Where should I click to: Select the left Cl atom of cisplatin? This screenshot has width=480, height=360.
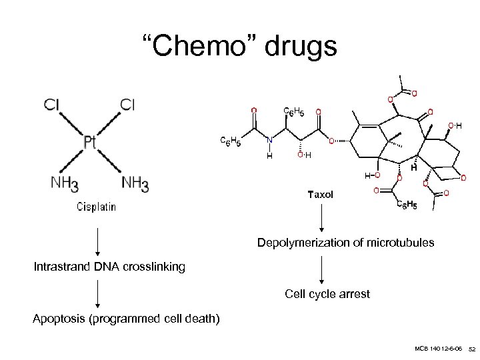(x=52, y=104)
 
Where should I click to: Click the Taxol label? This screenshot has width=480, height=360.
(x=319, y=195)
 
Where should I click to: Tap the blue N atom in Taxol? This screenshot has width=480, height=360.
(x=269, y=141)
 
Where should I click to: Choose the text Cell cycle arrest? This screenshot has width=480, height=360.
(x=327, y=293)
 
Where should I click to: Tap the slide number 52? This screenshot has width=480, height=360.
(x=471, y=349)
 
